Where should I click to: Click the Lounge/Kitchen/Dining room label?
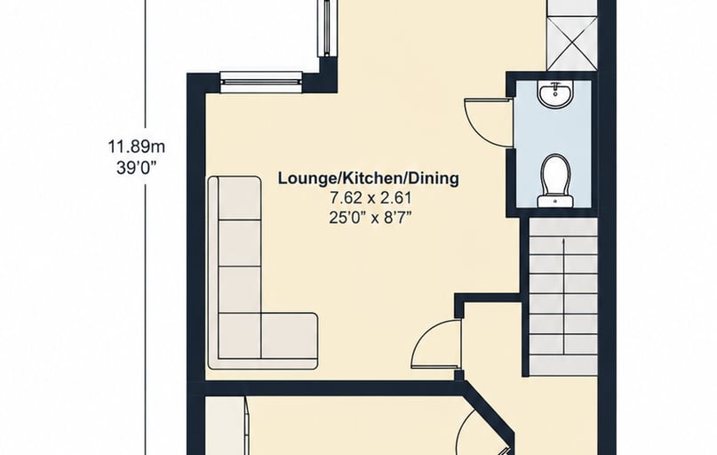[x=368, y=178]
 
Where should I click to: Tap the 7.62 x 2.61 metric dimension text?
[x=370, y=198]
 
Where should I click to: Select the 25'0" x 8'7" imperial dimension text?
[x=370, y=218]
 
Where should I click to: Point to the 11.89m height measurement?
[x=136, y=148]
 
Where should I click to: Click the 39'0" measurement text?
[x=136, y=167]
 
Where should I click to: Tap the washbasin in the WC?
[x=555, y=95]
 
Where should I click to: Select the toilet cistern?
[x=555, y=201]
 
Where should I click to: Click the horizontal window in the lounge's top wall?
[x=261, y=79]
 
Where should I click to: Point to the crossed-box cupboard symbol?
[x=572, y=44]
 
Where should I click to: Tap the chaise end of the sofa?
[x=289, y=340]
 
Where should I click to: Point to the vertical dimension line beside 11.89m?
[x=146, y=227]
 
